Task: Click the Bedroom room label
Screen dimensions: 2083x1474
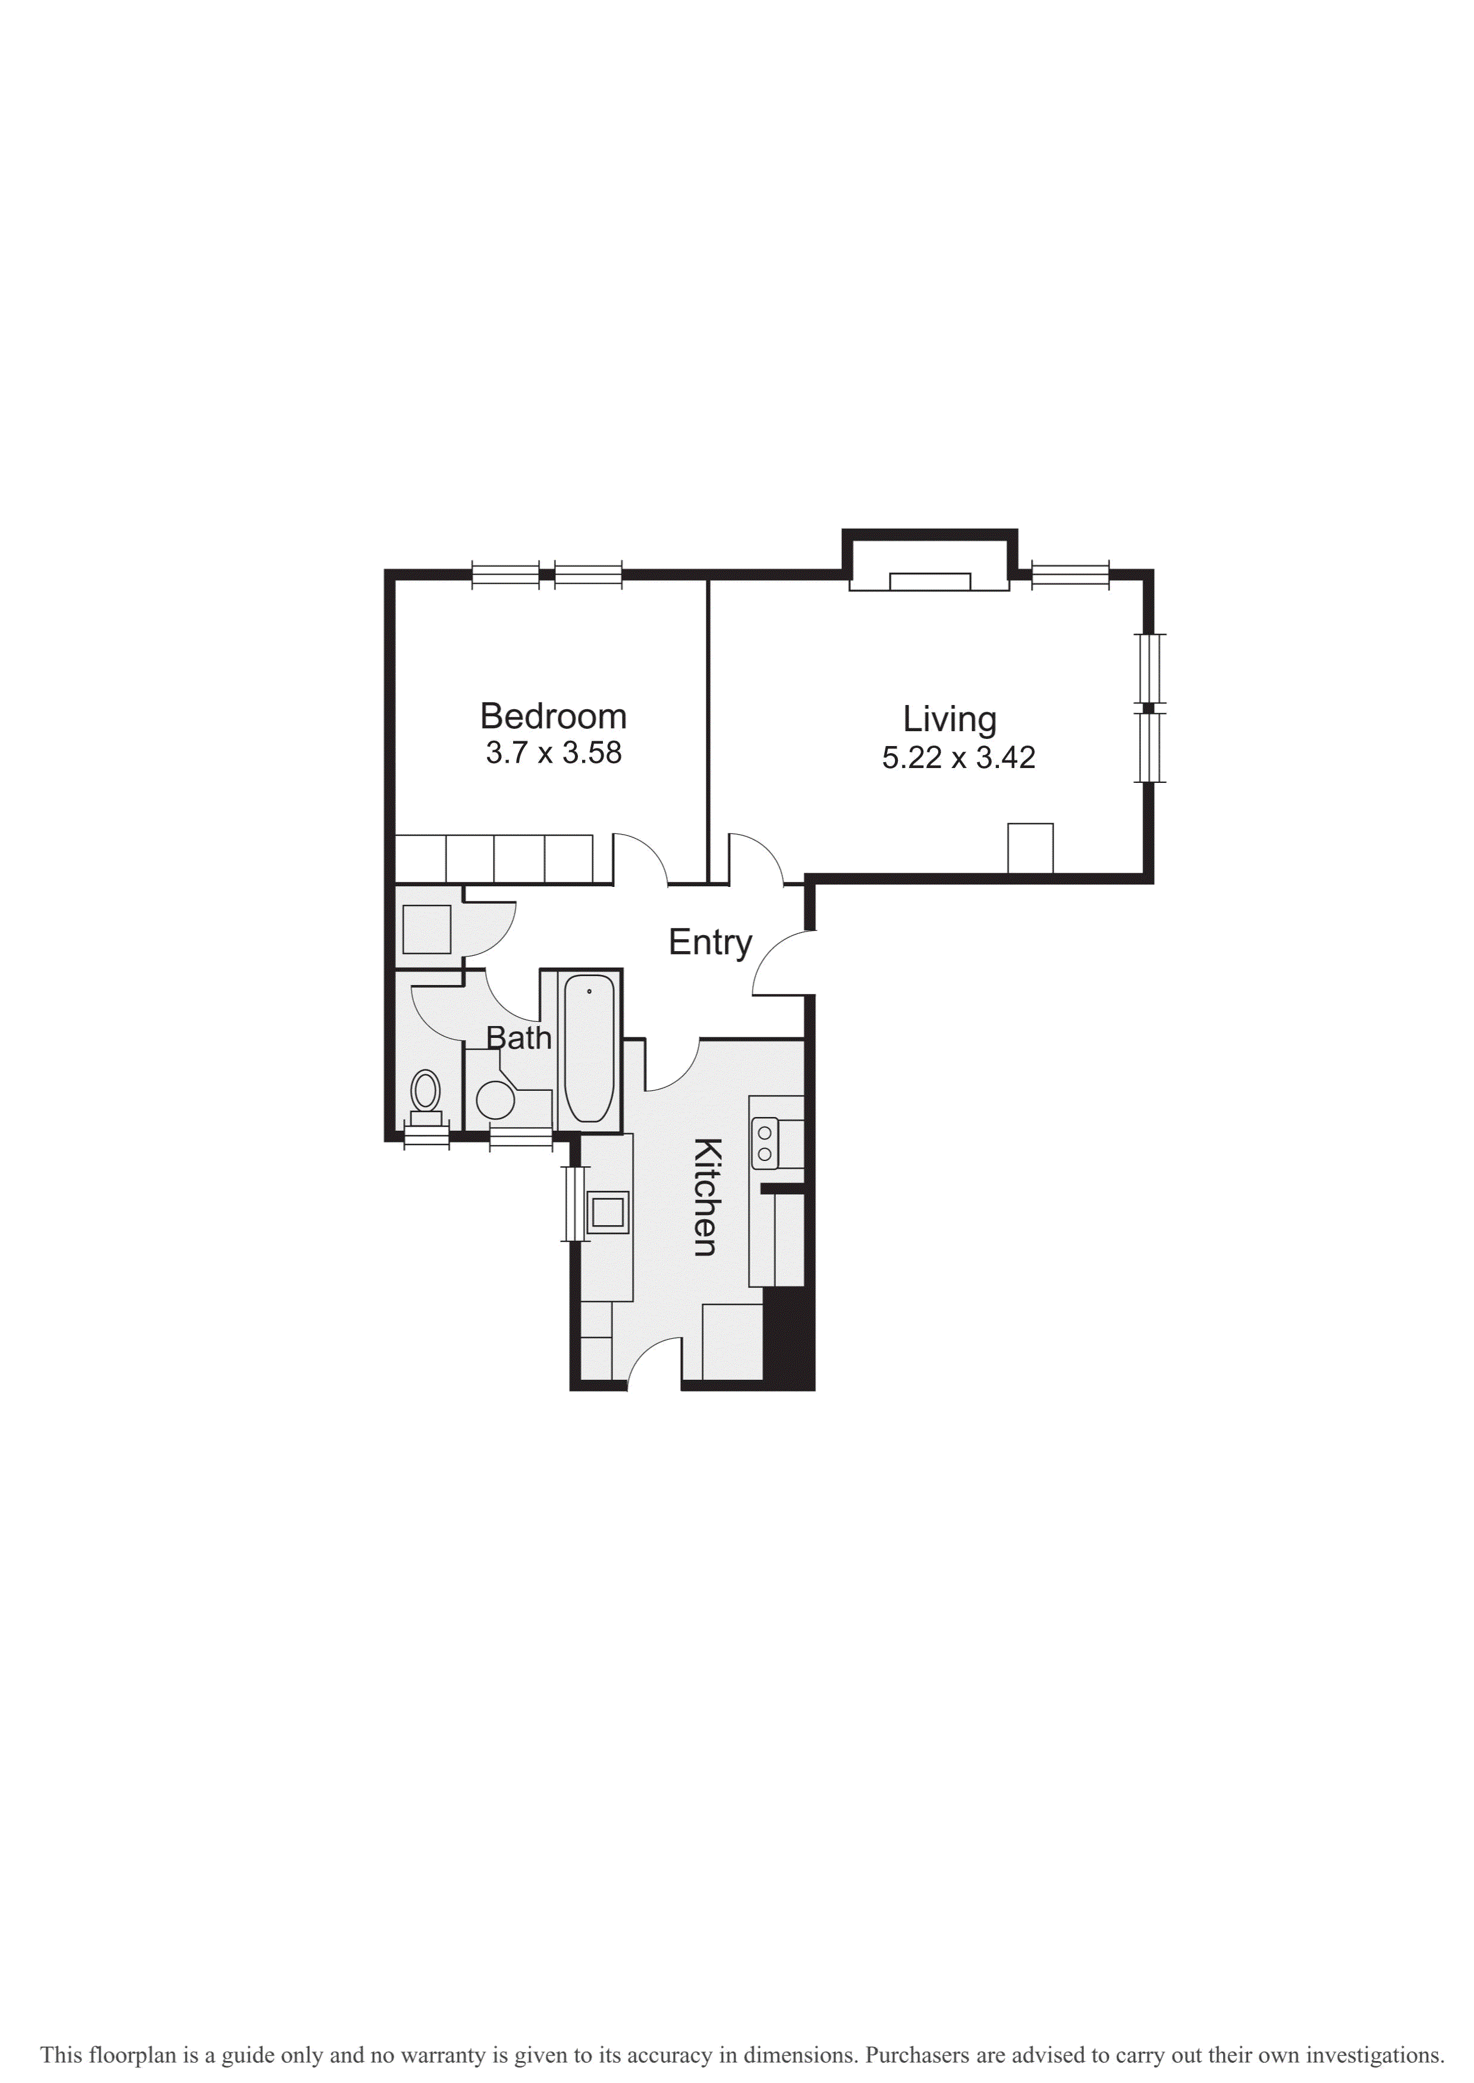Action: pyautogui.click(x=553, y=717)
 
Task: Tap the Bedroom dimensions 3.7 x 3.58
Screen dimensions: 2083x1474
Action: pyautogui.click(x=553, y=753)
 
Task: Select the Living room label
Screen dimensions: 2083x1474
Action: pyautogui.click(x=950, y=719)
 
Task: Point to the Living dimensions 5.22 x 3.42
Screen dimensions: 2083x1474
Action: pyautogui.click(x=958, y=757)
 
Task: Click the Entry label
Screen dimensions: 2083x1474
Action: pyautogui.click(x=710, y=943)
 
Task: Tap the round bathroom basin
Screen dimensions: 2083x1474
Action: pyautogui.click(x=495, y=1100)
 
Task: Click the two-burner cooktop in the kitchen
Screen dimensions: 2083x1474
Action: pyautogui.click(x=765, y=1143)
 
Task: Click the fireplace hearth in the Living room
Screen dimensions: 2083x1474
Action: pyautogui.click(x=929, y=581)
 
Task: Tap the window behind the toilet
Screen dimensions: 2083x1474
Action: pyautogui.click(x=426, y=1136)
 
